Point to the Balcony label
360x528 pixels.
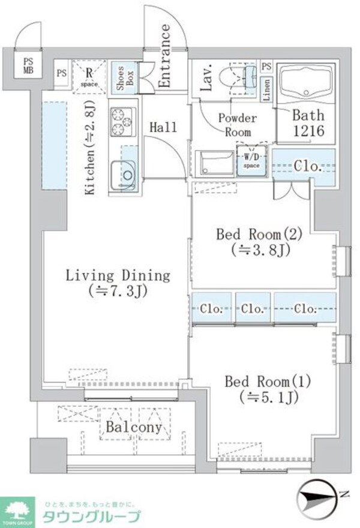(134, 427)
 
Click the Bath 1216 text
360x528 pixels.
(308, 123)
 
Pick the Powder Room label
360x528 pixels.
(237, 125)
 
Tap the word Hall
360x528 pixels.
(163, 127)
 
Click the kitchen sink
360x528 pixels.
(123, 173)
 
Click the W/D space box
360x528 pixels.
(249, 160)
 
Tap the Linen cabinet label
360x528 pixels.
(267, 89)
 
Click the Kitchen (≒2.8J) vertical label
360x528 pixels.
(91, 148)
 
